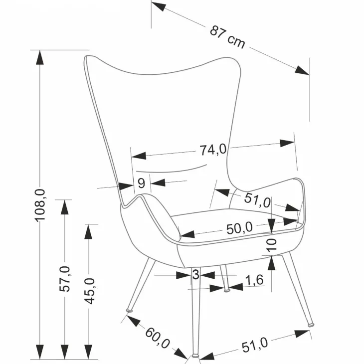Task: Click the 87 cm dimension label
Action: (x=227, y=37)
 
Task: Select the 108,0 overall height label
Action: (x=40, y=205)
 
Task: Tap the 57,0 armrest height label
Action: (x=64, y=279)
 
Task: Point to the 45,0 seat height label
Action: (x=89, y=291)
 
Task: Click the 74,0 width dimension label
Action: (x=213, y=150)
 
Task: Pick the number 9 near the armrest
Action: (x=141, y=183)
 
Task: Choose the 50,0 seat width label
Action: (x=239, y=228)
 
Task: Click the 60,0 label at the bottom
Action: (x=158, y=338)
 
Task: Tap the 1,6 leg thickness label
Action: (x=254, y=280)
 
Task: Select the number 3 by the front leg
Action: (x=195, y=274)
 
